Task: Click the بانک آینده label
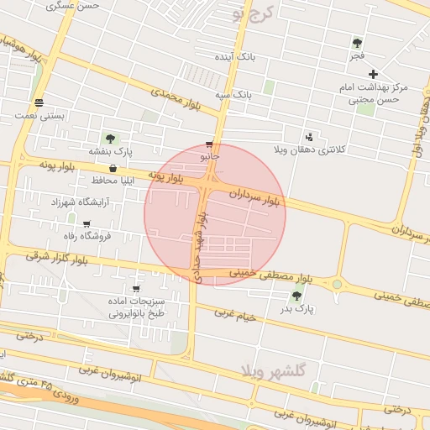[x=234, y=57]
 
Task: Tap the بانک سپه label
[x=234, y=94]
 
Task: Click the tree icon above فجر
[x=357, y=43]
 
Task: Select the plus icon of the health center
[x=374, y=74]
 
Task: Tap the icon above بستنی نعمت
[x=39, y=102]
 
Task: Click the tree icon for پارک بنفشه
[x=110, y=139]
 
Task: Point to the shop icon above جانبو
[x=209, y=144]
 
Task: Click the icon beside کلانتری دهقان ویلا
[x=310, y=137]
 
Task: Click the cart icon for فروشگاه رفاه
[x=87, y=224]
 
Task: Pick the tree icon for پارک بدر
[x=296, y=296]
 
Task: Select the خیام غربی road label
[x=234, y=313]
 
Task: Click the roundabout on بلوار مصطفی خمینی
[x=337, y=284]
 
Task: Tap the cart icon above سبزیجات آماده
[x=135, y=288]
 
